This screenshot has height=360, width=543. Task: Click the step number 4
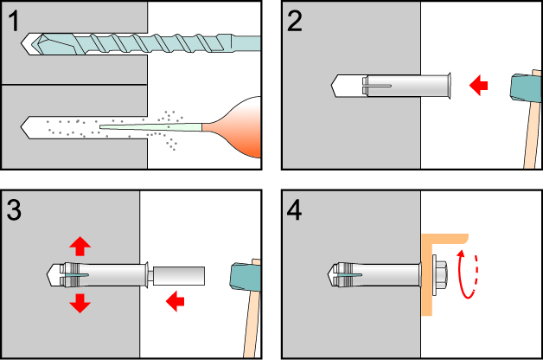pos(296,209)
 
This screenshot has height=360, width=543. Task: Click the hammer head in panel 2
pos(525,87)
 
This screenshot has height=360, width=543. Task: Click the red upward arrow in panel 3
pos(80,246)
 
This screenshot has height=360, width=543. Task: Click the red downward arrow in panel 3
pos(80,302)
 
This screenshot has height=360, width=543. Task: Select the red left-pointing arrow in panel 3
pos(176,300)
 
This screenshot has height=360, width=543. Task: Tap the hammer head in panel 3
pos(244,276)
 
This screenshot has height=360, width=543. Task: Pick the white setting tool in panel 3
pos(179,276)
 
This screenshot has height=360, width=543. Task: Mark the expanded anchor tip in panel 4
pos(342,274)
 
